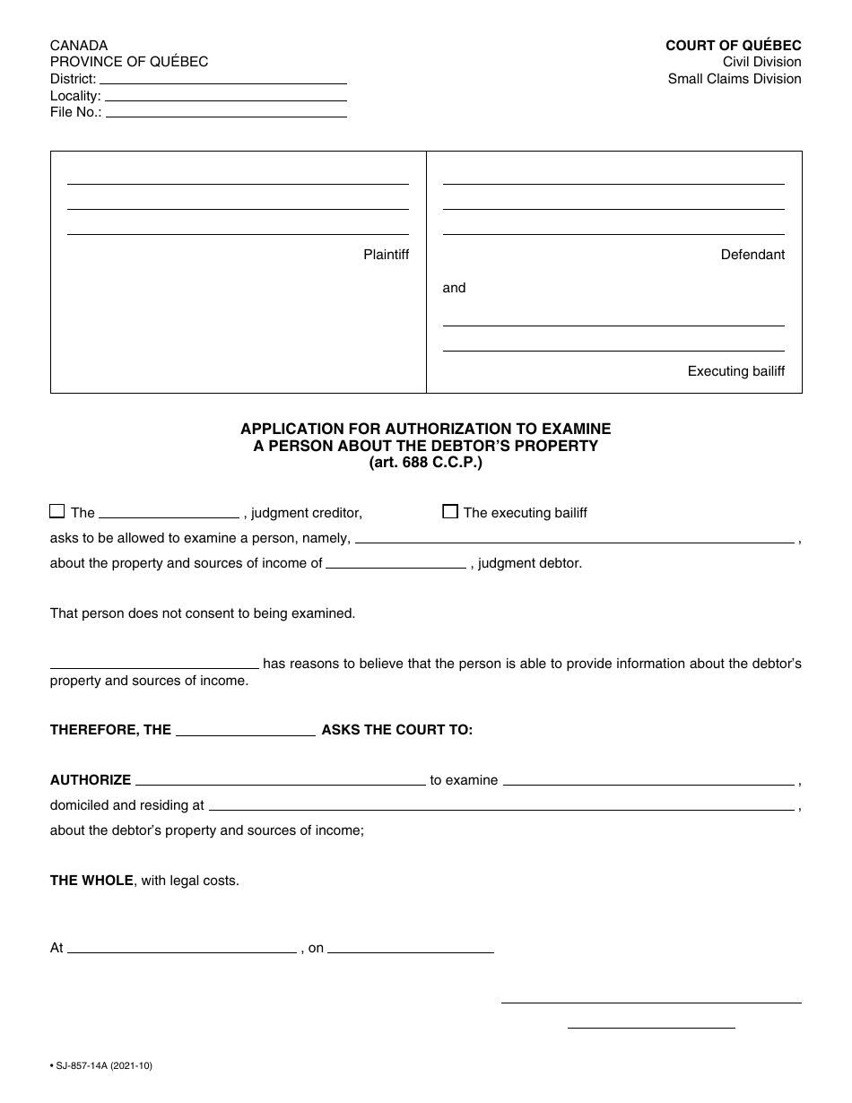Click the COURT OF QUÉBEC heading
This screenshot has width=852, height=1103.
coord(733,46)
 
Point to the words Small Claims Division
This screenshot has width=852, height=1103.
coord(734,79)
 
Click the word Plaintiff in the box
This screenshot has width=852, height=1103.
coord(386,255)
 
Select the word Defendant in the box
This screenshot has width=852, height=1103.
coord(752,255)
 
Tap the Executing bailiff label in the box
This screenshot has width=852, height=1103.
coord(735,371)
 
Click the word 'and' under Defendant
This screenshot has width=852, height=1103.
coord(455,288)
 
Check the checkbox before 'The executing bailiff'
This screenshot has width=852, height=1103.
coord(450,512)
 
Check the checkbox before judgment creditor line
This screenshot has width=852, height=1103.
coord(57,512)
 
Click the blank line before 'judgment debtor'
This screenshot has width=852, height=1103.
coord(396,566)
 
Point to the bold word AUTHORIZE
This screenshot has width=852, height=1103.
coord(91,780)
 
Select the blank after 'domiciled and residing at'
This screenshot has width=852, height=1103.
coord(501,807)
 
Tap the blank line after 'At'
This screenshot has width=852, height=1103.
coord(182,950)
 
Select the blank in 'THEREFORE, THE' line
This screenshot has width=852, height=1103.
coord(246,733)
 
